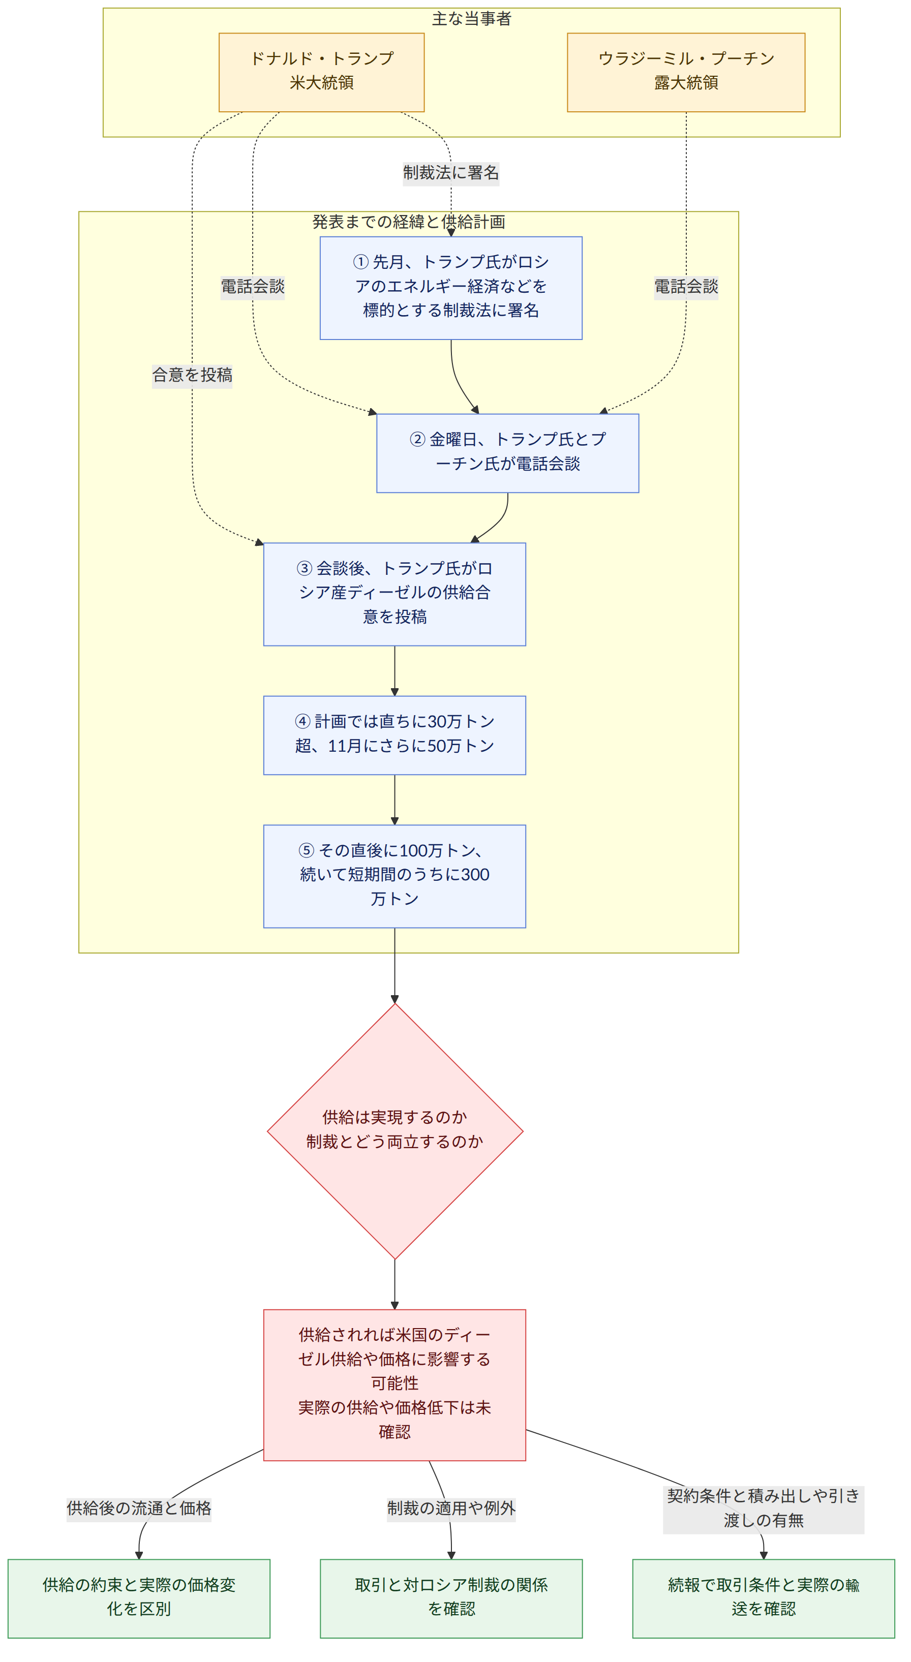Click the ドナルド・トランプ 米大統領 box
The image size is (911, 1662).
point(321,72)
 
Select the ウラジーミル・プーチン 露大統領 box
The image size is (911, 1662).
point(686,72)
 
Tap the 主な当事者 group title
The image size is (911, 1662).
point(472,19)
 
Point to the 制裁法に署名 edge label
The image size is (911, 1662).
point(451,173)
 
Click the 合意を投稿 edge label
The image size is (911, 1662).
point(192,375)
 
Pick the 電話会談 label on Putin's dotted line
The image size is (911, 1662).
point(686,287)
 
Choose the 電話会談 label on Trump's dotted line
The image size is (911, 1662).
point(253,287)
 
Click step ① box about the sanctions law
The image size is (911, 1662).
point(451,288)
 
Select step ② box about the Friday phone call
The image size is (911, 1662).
point(508,453)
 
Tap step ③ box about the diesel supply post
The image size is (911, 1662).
point(395,594)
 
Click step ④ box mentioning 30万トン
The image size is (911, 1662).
point(395,735)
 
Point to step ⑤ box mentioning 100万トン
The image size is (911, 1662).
point(395,876)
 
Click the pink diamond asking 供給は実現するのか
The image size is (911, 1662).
point(395,1131)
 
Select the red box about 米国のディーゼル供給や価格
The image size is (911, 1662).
point(395,1384)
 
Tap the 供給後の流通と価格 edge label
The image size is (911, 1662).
point(139,1508)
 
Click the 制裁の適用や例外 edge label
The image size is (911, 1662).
point(451,1508)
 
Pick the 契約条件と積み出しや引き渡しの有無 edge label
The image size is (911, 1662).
point(763,1508)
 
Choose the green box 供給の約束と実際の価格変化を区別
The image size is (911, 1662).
point(139,1598)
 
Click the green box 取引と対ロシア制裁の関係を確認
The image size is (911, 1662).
point(451,1598)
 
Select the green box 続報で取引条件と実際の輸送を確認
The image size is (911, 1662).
point(763,1598)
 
